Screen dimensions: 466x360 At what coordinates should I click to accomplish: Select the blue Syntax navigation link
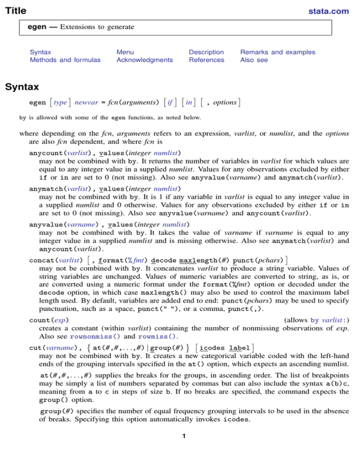pos(40,52)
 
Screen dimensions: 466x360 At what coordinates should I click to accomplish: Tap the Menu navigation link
pos(125,52)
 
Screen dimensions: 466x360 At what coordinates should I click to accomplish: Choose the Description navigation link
pos(206,52)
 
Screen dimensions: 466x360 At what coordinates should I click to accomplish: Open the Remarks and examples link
pos(277,52)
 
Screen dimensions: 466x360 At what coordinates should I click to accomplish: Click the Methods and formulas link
pos(65,60)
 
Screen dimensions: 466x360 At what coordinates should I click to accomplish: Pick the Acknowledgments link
pos(144,60)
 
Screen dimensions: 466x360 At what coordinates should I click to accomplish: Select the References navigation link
pos(206,60)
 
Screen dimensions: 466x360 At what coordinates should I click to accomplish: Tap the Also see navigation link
pos(254,60)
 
